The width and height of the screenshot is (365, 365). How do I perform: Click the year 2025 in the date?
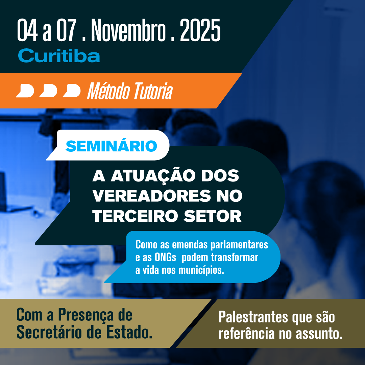coord(200,30)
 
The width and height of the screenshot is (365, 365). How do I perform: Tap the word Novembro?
coord(128,30)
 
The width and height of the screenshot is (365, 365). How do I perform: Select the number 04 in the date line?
coord(27,30)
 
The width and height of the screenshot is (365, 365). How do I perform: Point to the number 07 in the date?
coord(67,30)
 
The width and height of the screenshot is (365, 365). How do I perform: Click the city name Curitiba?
coord(59,56)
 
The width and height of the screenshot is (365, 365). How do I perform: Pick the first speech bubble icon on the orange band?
coord(25,91)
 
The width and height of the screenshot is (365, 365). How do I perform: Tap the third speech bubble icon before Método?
coord(72,91)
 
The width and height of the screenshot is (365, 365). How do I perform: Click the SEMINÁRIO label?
coord(111,146)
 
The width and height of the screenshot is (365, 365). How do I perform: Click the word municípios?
coord(201,270)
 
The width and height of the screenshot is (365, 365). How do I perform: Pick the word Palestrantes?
coord(253,317)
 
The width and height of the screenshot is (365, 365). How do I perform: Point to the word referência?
coord(247,334)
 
